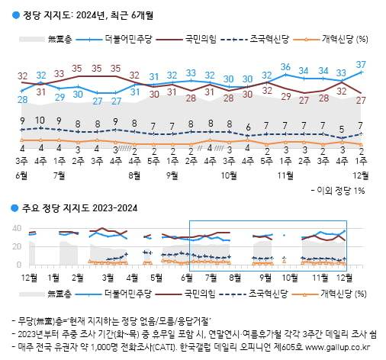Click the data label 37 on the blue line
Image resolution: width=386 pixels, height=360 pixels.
tap(361, 64)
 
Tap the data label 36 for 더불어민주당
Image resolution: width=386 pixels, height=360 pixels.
tap(285, 67)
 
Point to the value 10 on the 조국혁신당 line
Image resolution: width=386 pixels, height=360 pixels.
tap(40, 120)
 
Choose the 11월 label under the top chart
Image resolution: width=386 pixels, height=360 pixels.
tap(285, 175)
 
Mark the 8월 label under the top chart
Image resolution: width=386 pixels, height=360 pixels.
tap(134, 175)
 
